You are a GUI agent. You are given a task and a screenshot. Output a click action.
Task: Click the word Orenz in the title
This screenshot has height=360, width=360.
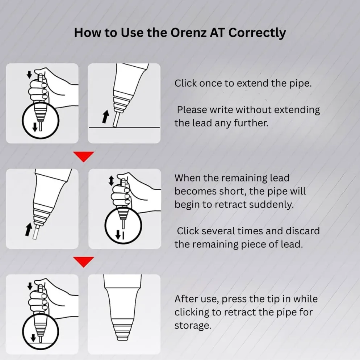point(188,32)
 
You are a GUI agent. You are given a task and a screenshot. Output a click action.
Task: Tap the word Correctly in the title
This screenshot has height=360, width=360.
point(257,33)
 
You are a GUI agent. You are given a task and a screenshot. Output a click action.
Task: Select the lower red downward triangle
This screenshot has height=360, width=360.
point(84,262)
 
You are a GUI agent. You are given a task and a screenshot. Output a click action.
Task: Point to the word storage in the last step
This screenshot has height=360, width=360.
point(193,326)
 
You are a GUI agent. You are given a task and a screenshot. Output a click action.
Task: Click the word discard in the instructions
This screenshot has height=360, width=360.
point(303,231)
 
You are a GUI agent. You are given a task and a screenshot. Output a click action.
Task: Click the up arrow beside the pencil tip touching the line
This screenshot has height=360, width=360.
point(106,117)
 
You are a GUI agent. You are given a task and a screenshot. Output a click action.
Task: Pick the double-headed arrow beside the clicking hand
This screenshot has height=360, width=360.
point(111,181)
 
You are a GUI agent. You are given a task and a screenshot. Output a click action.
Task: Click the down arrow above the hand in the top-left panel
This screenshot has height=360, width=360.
point(29,75)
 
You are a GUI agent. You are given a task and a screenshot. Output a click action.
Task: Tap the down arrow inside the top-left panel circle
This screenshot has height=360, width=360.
point(35,127)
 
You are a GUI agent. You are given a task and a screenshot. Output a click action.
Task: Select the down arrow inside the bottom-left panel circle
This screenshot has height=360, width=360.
point(33,338)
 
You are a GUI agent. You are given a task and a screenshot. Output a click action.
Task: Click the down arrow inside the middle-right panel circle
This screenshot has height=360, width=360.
point(118,235)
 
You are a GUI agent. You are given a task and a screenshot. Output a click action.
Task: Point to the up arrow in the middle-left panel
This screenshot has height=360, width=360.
point(29,229)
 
